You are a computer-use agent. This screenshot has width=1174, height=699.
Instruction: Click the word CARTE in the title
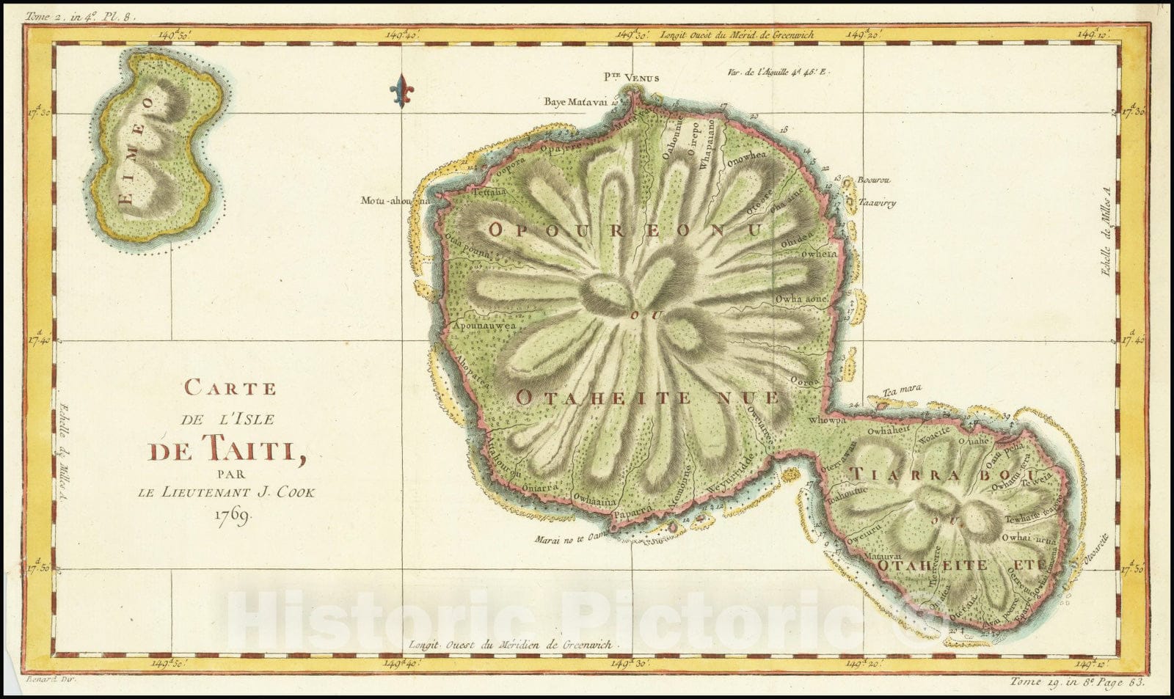(230, 387)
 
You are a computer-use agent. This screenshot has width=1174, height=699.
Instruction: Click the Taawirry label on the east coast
(878, 203)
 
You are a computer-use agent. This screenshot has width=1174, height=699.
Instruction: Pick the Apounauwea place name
(484, 325)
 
